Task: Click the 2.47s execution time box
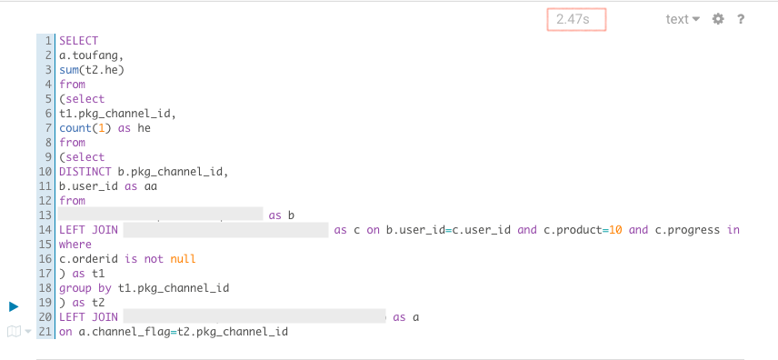tap(575, 19)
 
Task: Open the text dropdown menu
tap(683, 19)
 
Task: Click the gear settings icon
tap(718, 19)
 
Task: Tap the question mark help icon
tap(741, 19)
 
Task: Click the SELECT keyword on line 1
tap(78, 41)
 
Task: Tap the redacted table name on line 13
tap(161, 215)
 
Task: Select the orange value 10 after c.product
tap(614, 230)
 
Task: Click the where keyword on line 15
tap(75, 245)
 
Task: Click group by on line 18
tap(85, 288)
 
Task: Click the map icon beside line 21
tap(14, 332)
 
